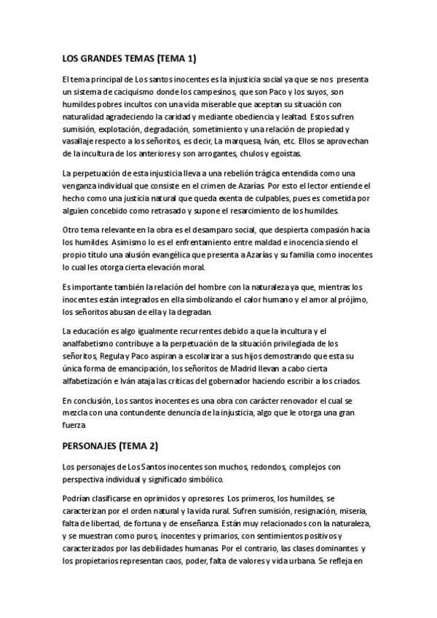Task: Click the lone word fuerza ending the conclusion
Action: [x=75, y=425]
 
